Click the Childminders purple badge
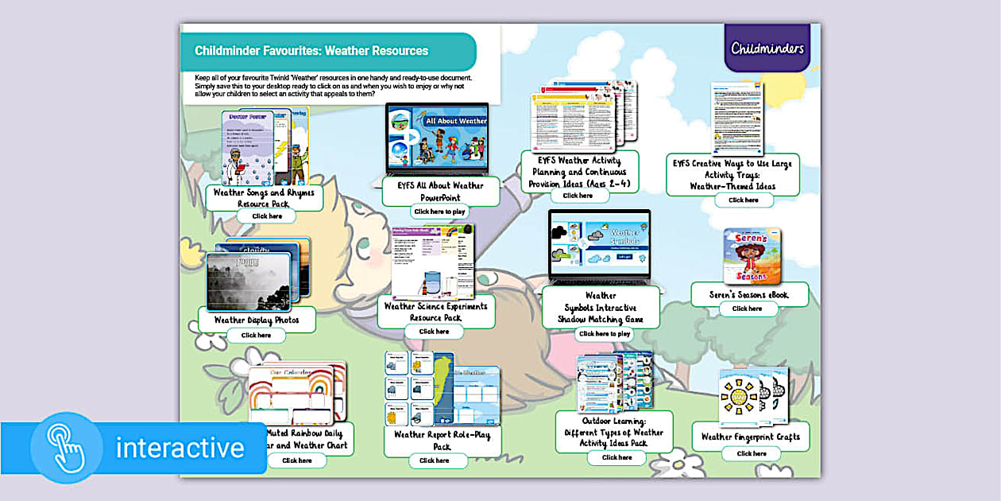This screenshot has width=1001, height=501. coord(767,48)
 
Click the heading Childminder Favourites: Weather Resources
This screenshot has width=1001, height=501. coord(311,51)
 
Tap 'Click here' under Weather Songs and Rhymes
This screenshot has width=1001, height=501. coord(267,216)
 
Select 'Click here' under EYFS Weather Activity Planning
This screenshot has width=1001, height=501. coord(578,196)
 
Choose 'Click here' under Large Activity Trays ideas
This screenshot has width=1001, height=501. coord(744,200)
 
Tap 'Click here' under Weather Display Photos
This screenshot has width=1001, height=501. coord(256,336)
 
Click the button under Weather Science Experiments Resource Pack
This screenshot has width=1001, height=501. coord(434,332)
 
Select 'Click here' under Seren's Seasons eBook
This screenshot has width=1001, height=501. coord(747,309)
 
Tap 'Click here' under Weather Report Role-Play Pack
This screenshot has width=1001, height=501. coord(434,460)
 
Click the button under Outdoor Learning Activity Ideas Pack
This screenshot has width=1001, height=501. coord(616,457)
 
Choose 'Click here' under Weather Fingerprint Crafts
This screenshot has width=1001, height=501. coord(751,453)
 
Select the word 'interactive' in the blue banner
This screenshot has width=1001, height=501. coord(180,449)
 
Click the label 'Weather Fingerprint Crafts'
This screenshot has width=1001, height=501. coord(751,437)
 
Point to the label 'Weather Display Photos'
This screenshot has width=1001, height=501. coord(256,320)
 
